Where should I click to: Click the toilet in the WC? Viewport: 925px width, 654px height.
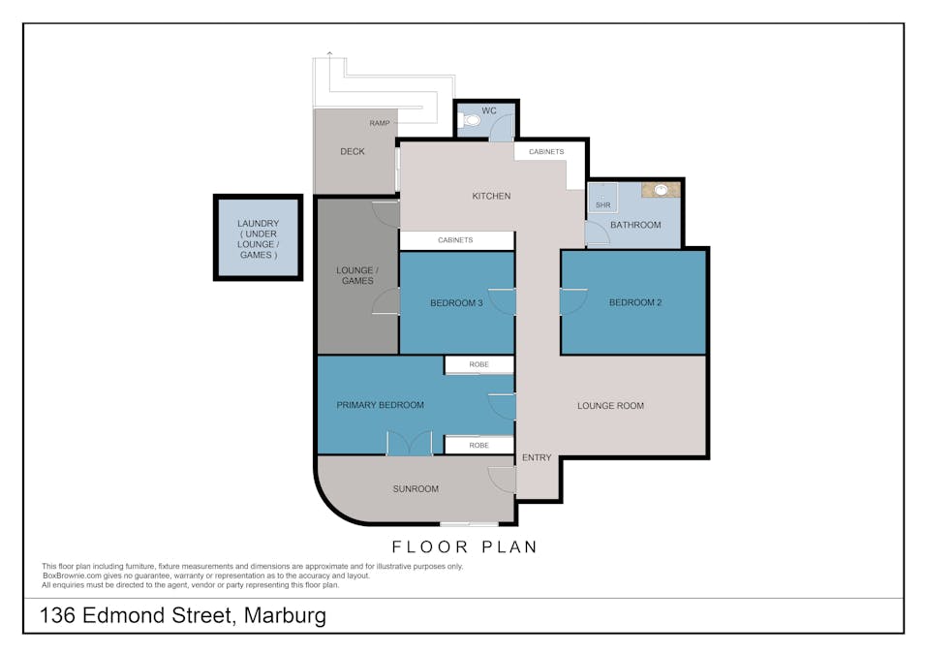[470, 120]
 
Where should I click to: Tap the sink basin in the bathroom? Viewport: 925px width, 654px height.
[662, 190]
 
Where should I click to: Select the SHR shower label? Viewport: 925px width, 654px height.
[602, 205]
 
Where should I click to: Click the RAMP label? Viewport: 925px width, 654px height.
[380, 123]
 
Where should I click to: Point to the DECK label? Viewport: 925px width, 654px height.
[353, 152]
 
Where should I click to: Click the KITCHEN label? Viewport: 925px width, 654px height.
[491, 196]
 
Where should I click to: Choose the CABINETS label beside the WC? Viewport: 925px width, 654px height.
[546, 152]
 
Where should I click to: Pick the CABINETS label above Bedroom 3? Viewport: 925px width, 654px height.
[455, 240]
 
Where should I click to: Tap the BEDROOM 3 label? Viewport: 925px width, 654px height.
[456, 303]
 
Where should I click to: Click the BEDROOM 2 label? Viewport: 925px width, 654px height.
[635, 302]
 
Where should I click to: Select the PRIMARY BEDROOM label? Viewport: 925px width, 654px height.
[380, 405]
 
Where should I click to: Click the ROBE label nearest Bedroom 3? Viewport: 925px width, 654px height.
[479, 364]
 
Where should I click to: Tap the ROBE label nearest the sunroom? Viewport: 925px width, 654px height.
[479, 446]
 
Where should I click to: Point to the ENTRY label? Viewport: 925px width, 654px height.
[537, 457]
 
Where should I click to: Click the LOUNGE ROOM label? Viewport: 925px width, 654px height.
[610, 406]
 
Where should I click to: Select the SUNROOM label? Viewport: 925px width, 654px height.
[416, 488]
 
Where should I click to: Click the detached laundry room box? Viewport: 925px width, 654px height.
[258, 237]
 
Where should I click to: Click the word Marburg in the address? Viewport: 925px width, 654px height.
[285, 615]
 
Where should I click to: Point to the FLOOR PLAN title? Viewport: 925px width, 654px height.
[464, 547]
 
